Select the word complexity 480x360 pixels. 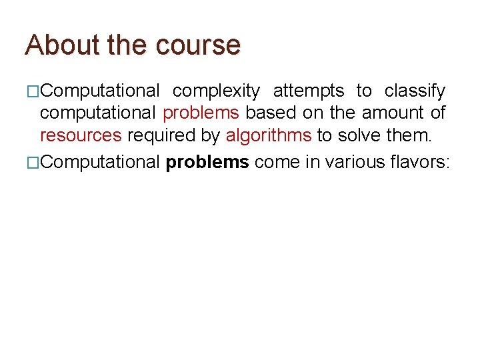pyautogui.click(x=216, y=91)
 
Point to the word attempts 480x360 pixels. pyautogui.click(x=309, y=91)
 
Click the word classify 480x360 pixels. pyautogui.click(x=415, y=91)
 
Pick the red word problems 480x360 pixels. pyautogui.click(x=201, y=113)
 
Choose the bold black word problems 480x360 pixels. pyautogui.click(x=207, y=162)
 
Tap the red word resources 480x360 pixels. pyautogui.click(x=81, y=136)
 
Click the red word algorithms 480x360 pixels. pyautogui.click(x=269, y=136)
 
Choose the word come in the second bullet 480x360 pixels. pyautogui.click(x=277, y=162)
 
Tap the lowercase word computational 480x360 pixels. pyautogui.click(x=99, y=113)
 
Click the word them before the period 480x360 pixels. pyautogui.click(x=408, y=136)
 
